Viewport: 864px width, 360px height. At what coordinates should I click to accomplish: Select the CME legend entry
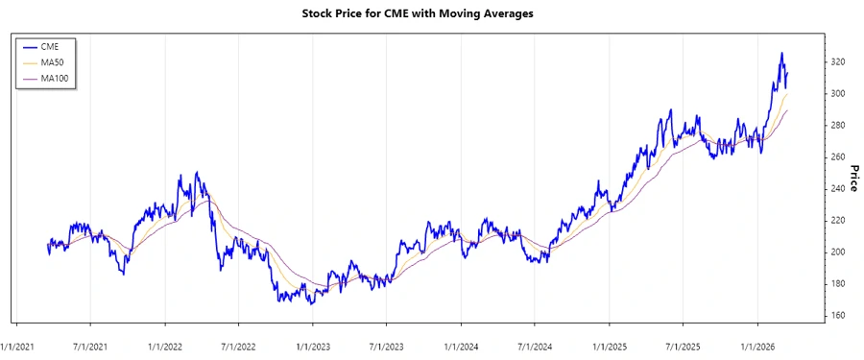50,46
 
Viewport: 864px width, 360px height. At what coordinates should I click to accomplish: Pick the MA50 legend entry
53,62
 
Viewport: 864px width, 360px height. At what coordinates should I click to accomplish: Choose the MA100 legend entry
55,79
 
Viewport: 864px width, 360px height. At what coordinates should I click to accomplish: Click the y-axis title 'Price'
853,180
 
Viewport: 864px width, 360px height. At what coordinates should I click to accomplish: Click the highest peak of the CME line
781,54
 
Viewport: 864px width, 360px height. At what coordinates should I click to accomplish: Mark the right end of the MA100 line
788,109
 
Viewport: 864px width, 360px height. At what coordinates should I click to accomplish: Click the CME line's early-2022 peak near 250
196,173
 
